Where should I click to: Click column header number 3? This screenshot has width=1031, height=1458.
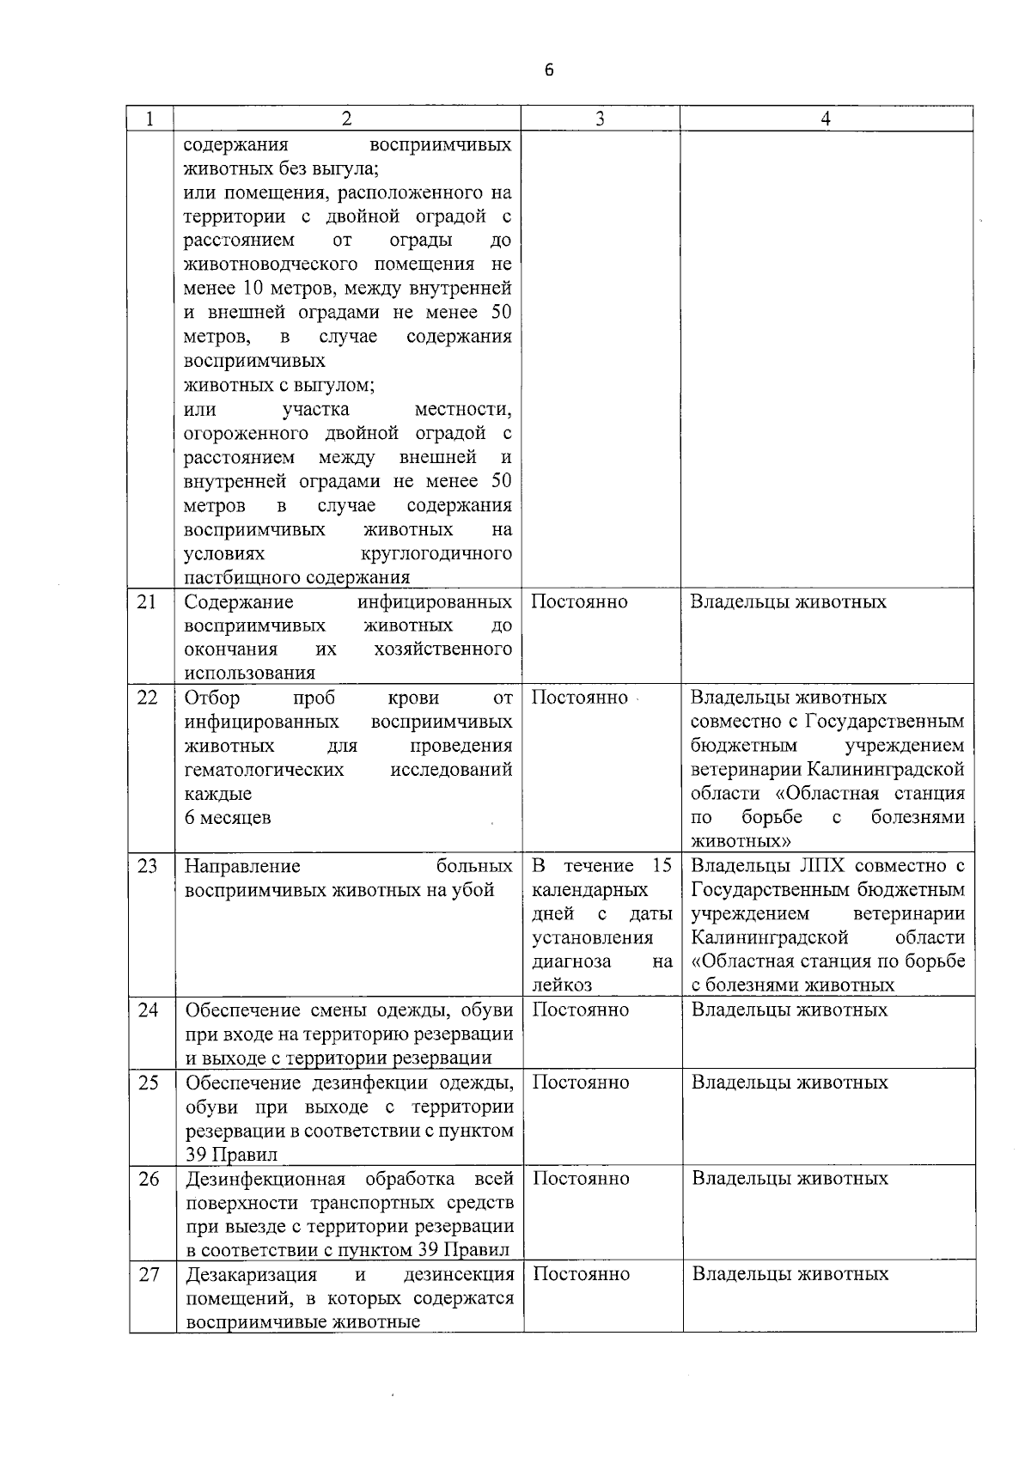600,119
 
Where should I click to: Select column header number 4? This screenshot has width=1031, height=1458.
826,119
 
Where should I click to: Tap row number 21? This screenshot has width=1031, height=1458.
148,602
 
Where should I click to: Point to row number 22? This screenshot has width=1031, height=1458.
148,698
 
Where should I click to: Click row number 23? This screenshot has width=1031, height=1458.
148,866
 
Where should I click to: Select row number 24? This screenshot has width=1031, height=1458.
149,1010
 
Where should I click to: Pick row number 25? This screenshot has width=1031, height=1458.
149,1083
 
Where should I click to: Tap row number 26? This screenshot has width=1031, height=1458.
149,1179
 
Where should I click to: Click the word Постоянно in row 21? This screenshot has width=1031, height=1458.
579,602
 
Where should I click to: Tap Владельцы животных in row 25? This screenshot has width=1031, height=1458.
790,1083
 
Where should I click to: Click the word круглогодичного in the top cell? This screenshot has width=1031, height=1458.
437,553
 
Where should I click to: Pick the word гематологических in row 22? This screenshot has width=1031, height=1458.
264,770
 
